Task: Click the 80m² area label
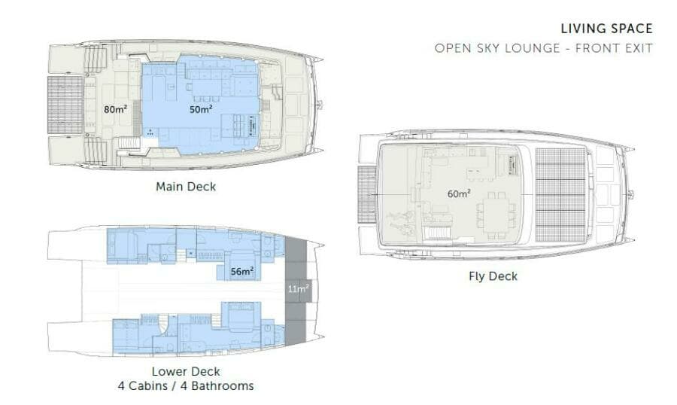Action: click(x=114, y=109)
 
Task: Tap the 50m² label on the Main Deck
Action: click(x=201, y=109)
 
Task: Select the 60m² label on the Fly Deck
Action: click(x=459, y=193)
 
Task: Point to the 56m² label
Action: click(x=242, y=271)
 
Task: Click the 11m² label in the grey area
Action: click(x=299, y=288)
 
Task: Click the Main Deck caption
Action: click(x=185, y=186)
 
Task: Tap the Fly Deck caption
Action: click(x=493, y=276)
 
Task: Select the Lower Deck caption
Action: click(x=185, y=372)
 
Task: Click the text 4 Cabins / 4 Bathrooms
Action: click(x=185, y=386)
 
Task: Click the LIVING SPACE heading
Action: click(x=606, y=29)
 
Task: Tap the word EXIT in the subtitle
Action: click(x=637, y=49)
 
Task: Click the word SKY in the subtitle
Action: click(x=491, y=49)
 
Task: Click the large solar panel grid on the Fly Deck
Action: click(x=560, y=193)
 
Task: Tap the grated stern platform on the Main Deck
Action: click(x=65, y=105)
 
